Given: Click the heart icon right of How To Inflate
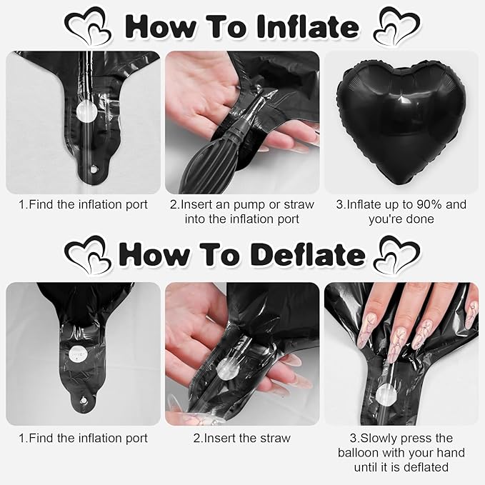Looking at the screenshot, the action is (397, 26).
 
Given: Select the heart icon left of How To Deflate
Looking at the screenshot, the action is (88, 254).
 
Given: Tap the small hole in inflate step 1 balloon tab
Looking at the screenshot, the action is (93, 169).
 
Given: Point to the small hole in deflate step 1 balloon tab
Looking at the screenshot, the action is (83, 401).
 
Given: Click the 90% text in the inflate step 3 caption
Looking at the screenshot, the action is (429, 204).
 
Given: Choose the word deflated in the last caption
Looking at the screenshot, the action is (428, 466).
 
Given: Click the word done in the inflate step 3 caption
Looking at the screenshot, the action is (421, 219).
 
